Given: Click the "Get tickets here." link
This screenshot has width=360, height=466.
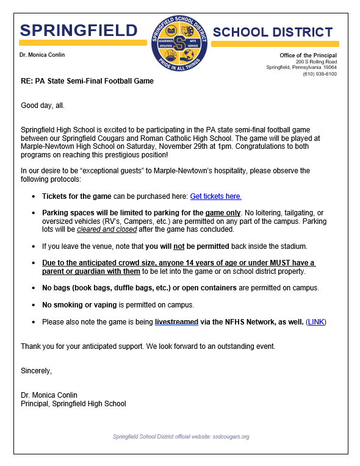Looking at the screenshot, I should [215, 196].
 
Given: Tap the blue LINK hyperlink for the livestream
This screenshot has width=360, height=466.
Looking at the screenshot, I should [316, 321].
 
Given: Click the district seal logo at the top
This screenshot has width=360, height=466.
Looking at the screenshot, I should [179, 43].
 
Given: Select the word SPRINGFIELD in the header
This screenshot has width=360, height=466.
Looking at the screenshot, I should [79, 30].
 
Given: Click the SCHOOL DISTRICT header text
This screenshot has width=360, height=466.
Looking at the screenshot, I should [273, 32].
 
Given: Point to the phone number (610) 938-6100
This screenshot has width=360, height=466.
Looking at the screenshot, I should [320, 74].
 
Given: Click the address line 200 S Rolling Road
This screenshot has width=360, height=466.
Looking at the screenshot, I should [316, 62].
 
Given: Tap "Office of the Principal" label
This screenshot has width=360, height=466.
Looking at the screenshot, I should [308, 56].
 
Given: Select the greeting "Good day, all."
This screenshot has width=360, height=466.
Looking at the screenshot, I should [43, 106].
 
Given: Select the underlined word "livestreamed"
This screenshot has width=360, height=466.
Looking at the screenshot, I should [176, 321].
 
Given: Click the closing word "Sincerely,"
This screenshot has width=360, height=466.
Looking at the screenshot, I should [37, 371].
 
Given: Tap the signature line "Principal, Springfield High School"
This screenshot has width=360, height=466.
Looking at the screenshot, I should [73, 404].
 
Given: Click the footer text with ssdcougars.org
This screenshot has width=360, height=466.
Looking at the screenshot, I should [181, 437].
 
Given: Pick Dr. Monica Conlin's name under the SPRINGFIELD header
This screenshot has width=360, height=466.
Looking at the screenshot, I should [42, 55].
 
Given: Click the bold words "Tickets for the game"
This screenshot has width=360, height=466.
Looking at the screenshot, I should [76, 196].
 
